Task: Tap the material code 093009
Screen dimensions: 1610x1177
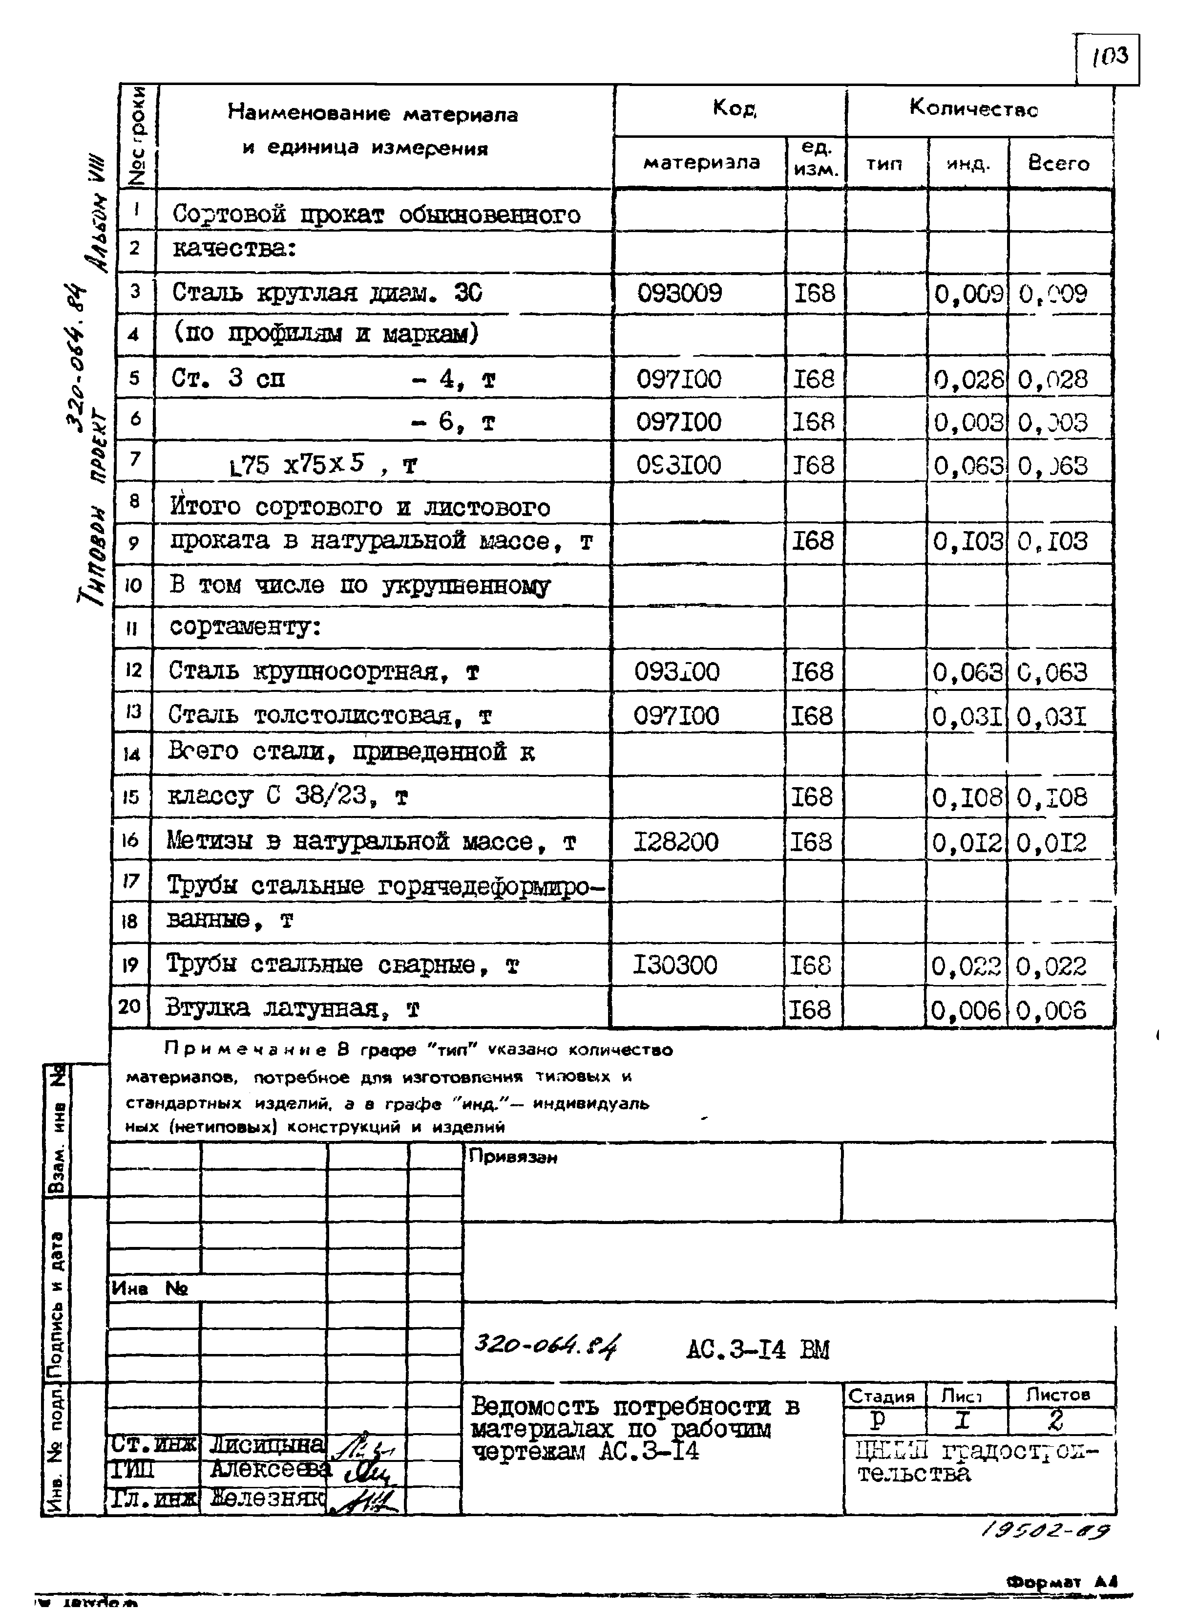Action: (679, 293)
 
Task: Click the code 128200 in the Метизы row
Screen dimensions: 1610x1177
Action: (675, 842)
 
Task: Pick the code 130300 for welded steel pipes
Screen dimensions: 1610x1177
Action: (675, 965)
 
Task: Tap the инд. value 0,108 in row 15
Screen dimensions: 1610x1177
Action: (967, 797)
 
